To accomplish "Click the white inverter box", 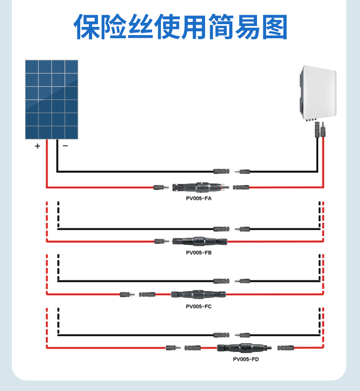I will tap(318, 93).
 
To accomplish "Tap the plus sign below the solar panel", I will tap(37, 146).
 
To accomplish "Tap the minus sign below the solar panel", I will tap(65, 146).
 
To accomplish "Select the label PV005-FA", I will tap(199, 199).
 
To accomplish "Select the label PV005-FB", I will tap(199, 252).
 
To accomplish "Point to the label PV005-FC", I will tap(199, 306).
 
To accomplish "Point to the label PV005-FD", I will tap(246, 359).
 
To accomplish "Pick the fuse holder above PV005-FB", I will tap(201, 240).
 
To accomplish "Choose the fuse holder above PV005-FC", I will tap(198, 294).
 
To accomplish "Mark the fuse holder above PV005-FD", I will tap(242, 348).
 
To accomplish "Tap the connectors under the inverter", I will tap(318, 130).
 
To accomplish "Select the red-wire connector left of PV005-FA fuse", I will tap(161, 187).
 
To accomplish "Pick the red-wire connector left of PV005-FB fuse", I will tap(161, 241).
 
